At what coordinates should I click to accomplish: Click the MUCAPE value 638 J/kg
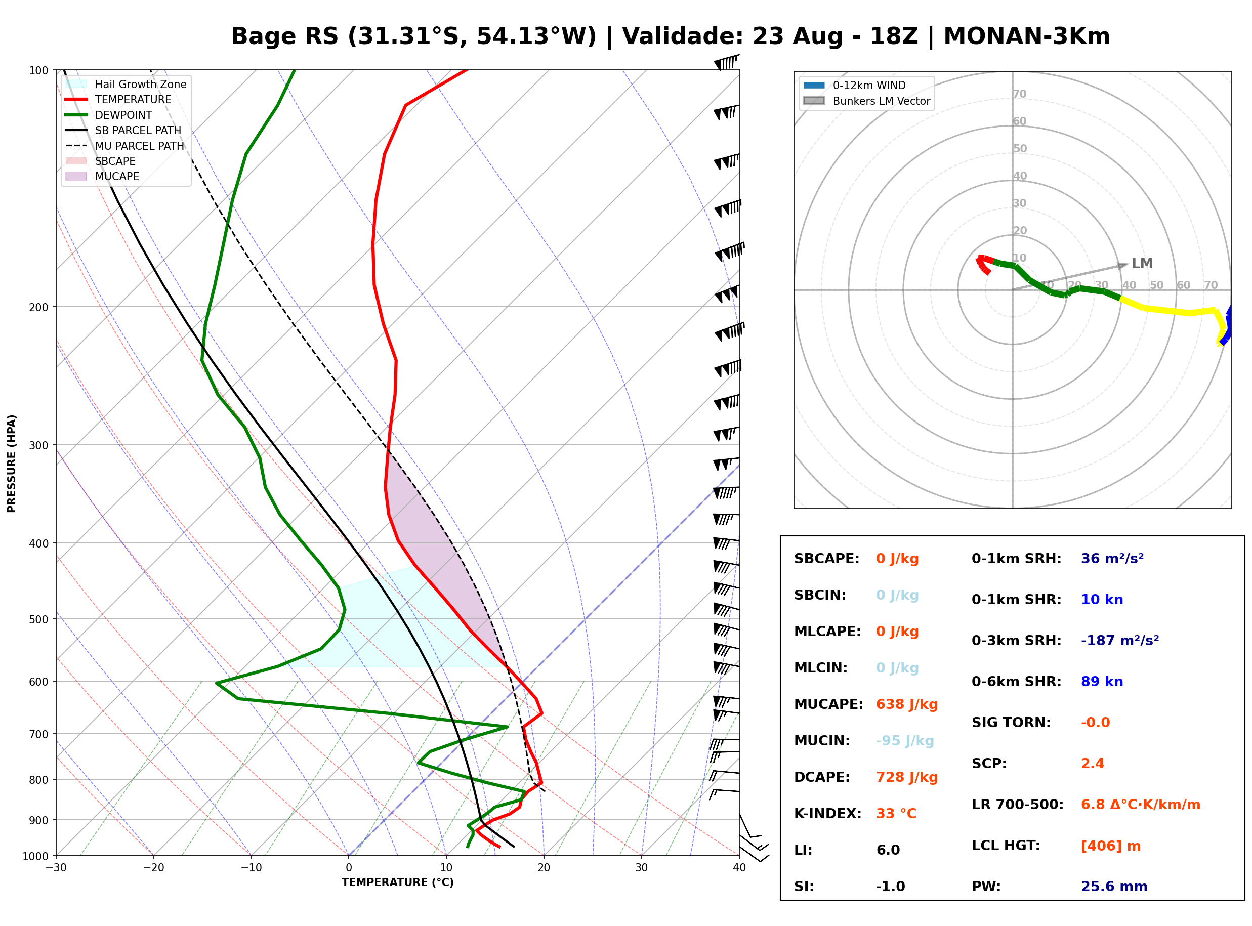[907, 704]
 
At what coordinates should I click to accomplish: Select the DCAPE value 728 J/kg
[907, 777]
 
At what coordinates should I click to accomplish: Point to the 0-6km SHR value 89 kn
[1102, 682]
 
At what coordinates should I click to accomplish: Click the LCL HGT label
[1006, 846]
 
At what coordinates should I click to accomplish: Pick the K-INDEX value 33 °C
[896, 814]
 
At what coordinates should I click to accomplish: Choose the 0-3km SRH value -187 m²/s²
[1120, 641]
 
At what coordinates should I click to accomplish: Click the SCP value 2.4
[1092, 764]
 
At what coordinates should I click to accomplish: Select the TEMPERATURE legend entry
[118, 100]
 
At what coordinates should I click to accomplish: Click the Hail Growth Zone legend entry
[126, 85]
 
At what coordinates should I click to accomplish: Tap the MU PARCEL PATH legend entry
[124, 146]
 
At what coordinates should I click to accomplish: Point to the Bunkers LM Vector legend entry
[866, 101]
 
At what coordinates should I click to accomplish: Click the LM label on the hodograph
[1142, 264]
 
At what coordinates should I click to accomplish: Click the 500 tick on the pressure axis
[38, 619]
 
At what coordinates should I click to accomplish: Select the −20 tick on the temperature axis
[153, 868]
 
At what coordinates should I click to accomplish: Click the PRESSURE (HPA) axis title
[12, 464]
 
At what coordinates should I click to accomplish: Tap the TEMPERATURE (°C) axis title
[398, 883]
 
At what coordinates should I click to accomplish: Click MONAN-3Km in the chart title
[1027, 36]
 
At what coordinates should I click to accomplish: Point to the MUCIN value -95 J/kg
[904, 741]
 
